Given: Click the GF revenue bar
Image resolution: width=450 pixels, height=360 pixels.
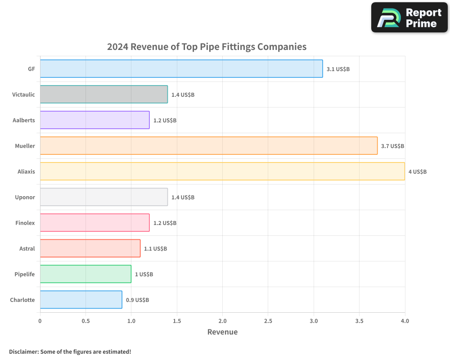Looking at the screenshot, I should pyautogui.click(x=181, y=69).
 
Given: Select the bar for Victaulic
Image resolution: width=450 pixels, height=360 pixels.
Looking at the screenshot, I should pyautogui.click(x=103, y=94).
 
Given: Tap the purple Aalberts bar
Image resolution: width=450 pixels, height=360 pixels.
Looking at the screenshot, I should pyautogui.click(x=94, y=120).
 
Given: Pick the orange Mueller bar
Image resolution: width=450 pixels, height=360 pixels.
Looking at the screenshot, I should pyautogui.click(x=208, y=146).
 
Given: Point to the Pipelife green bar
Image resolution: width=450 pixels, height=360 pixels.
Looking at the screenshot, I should pyautogui.click(x=85, y=274).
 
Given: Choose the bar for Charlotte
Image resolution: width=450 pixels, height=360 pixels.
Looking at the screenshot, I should pyautogui.click(x=81, y=300).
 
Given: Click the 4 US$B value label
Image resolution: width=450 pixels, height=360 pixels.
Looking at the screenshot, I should pyautogui.click(x=417, y=171).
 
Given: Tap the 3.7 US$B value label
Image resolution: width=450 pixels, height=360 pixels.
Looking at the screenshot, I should pyautogui.click(x=392, y=146).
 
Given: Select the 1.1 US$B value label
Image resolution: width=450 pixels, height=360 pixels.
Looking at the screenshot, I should pyautogui.click(x=155, y=248).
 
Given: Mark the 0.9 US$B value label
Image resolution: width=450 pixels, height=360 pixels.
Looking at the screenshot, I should pyautogui.click(x=137, y=300).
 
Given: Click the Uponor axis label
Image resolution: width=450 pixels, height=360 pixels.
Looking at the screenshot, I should pyautogui.click(x=25, y=197).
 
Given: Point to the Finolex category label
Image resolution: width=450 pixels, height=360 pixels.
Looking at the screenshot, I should pyautogui.click(x=25, y=223).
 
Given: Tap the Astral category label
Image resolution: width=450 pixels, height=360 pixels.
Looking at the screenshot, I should pyautogui.click(x=27, y=248).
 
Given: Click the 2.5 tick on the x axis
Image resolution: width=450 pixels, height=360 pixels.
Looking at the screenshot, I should pyautogui.click(x=268, y=321).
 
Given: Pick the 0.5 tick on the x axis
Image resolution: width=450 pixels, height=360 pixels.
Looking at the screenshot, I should pyautogui.click(x=85, y=321).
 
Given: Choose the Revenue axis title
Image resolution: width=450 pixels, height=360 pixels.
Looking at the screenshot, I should pyautogui.click(x=222, y=332).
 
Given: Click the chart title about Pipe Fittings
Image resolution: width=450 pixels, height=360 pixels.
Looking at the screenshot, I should pyautogui.click(x=207, y=47).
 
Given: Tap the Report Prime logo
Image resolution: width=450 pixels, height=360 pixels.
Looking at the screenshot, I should pyautogui.click(x=409, y=18).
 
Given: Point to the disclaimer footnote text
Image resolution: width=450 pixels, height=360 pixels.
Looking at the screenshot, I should pyautogui.click(x=70, y=351).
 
